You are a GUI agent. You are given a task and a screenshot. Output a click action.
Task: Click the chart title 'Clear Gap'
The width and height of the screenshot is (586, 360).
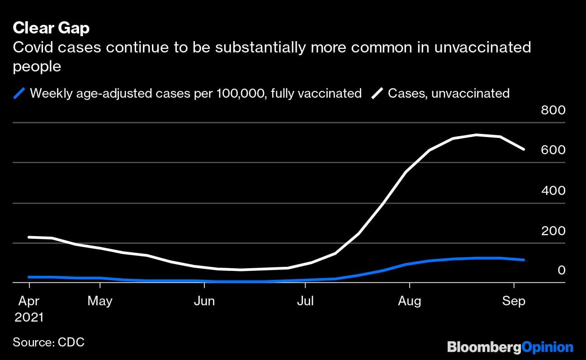[x=51, y=28]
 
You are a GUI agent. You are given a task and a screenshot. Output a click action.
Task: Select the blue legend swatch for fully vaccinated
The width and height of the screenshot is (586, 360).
[x=19, y=94]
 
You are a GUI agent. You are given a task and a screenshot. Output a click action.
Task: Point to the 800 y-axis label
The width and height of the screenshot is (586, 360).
[x=553, y=110]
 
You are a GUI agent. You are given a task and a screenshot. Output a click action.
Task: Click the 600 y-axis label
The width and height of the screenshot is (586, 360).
[x=553, y=150]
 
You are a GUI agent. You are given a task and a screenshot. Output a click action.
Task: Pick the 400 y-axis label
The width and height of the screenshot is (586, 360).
[x=553, y=190]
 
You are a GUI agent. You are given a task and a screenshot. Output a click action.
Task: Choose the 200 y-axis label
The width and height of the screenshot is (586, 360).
[x=553, y=231]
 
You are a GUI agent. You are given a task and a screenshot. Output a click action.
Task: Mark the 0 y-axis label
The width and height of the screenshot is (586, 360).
[x=561, y=270]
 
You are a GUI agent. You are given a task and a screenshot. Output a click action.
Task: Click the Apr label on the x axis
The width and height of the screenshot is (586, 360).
[x=29, y=301]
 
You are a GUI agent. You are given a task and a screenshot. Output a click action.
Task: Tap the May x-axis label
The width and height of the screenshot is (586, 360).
[x=100, y=301]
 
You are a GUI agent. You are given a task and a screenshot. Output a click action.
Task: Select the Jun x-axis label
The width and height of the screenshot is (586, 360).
[x=204, y=301]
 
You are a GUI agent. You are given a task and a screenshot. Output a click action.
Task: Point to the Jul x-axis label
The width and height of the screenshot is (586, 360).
[x=305, y=301]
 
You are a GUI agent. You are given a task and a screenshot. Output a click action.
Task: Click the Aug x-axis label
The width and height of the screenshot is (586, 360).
[x=409, y=301]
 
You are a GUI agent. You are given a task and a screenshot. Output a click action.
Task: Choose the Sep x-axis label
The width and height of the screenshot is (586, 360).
[x=514, y=301]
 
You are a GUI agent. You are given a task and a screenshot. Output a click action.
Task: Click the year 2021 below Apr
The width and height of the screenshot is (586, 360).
[x=29, y=317]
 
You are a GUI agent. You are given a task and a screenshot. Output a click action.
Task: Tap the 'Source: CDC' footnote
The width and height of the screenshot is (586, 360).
[x=48, y=342]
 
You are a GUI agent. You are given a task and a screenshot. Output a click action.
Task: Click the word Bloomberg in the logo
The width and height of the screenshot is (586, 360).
[x=484, y=347]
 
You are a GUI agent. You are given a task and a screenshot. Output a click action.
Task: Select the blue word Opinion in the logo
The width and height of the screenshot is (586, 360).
[x=547, y=347]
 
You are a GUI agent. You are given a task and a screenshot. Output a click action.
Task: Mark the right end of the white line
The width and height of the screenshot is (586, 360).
[x=524, y=149]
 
